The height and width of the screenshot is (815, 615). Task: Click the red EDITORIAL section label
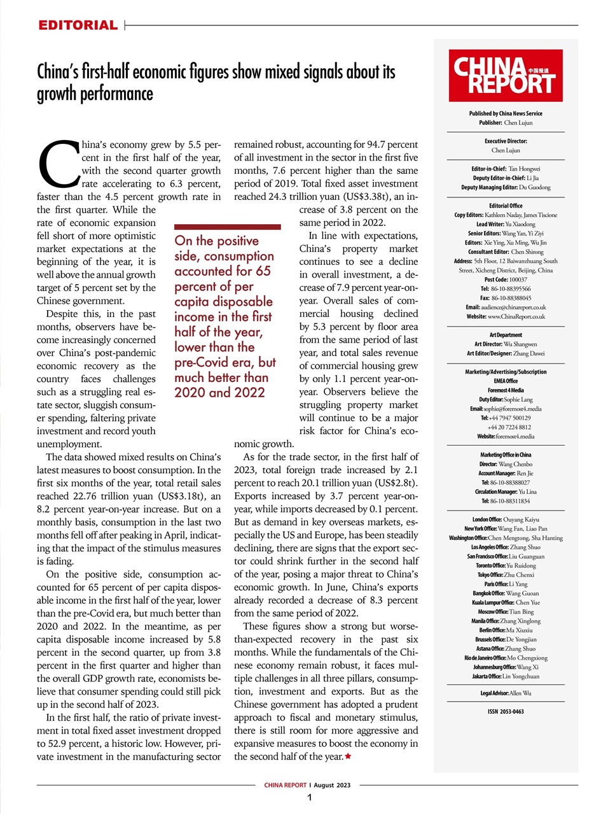(78, 25)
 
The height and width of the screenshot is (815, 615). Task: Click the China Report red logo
(505, 76)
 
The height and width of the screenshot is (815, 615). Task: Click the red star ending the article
(348, 756)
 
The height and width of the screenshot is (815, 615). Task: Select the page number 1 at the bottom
(309, 798)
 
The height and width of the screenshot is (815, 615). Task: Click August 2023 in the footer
(332, 785)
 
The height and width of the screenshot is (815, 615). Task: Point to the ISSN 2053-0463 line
(506, 712)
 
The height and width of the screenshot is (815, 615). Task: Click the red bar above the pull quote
(227, 226)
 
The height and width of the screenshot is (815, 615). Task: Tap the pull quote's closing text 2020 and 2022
(219, 392)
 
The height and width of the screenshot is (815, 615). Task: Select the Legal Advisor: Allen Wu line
(506, 693)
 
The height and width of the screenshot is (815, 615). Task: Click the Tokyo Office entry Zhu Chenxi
(506, 574)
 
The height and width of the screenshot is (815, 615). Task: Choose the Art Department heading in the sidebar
(506, 335)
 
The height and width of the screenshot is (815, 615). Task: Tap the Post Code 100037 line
(506, 280)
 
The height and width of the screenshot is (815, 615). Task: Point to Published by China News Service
(506, 113)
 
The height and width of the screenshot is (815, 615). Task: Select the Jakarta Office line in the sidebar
(506, 676)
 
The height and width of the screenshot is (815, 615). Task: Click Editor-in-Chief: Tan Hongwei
(506, 169)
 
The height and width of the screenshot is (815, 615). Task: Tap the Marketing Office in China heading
(506, 455)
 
